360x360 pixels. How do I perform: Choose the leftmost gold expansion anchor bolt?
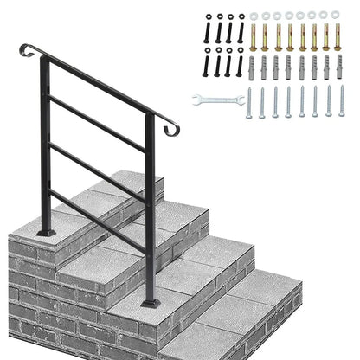254,36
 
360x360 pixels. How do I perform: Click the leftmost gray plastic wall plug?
254,67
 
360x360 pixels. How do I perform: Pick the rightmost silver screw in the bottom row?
341,102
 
